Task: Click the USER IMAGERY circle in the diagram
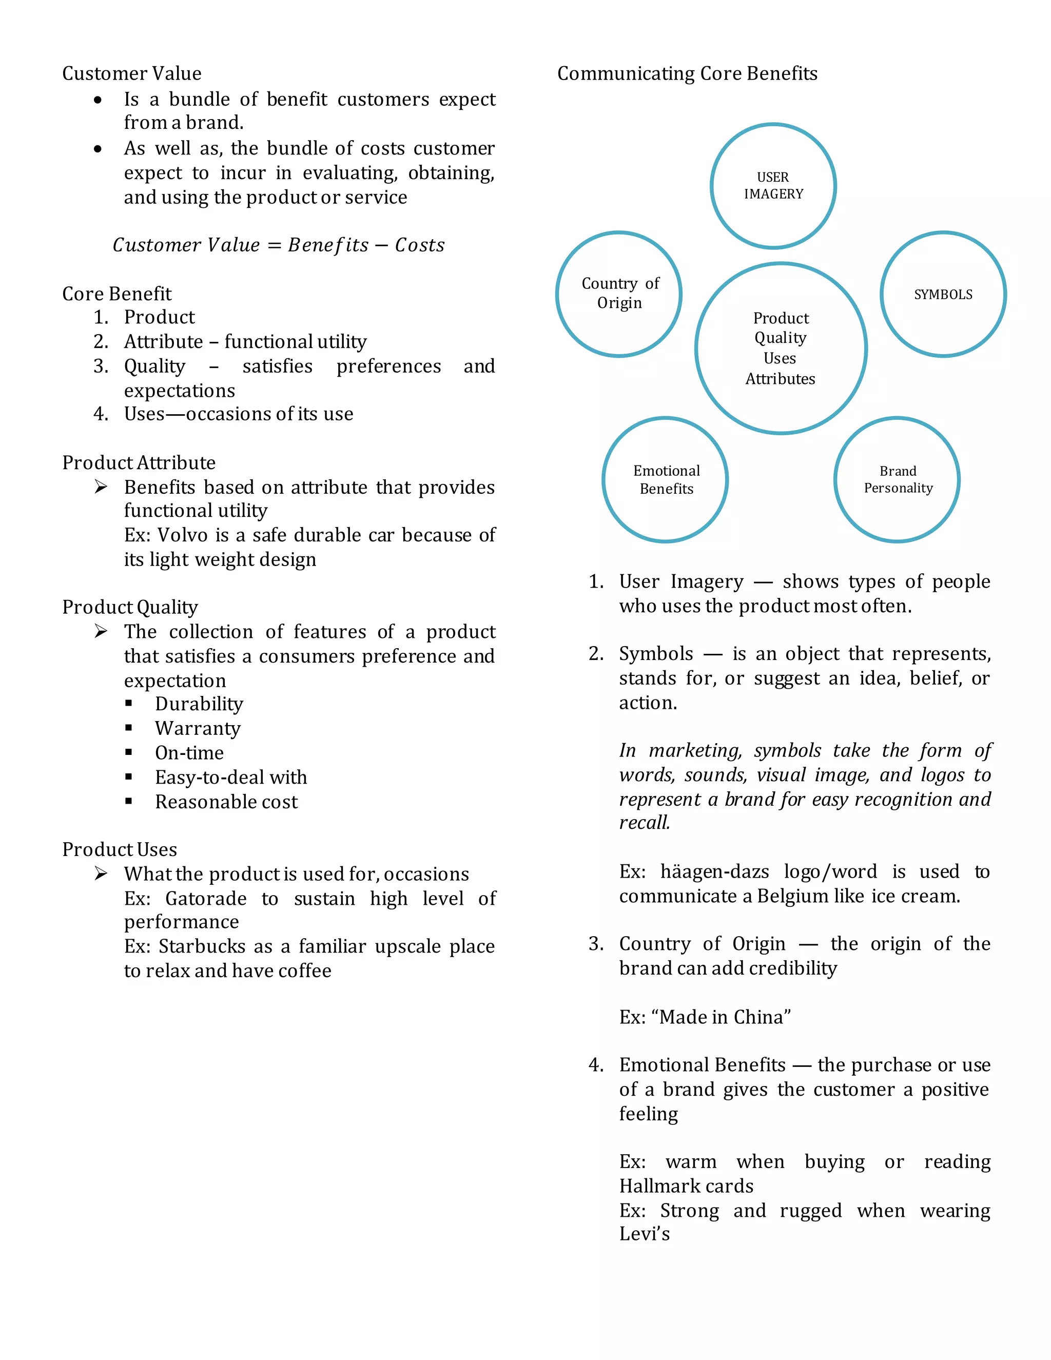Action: [x=773, y=186]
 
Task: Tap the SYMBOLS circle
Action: [x=943, y=295]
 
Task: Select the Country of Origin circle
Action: [x=619, y=294]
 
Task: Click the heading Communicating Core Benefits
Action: [x=687, y=73]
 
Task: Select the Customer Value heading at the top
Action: [x=131, y=73]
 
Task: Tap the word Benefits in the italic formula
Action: [x=328, y=245]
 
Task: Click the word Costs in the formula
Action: [x=420, y=245]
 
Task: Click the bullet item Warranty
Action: [x=198, y=728]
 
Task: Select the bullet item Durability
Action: [x=199, y=704]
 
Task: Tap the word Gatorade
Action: [x=205, y=898]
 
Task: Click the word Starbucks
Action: [x=202, y=946]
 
